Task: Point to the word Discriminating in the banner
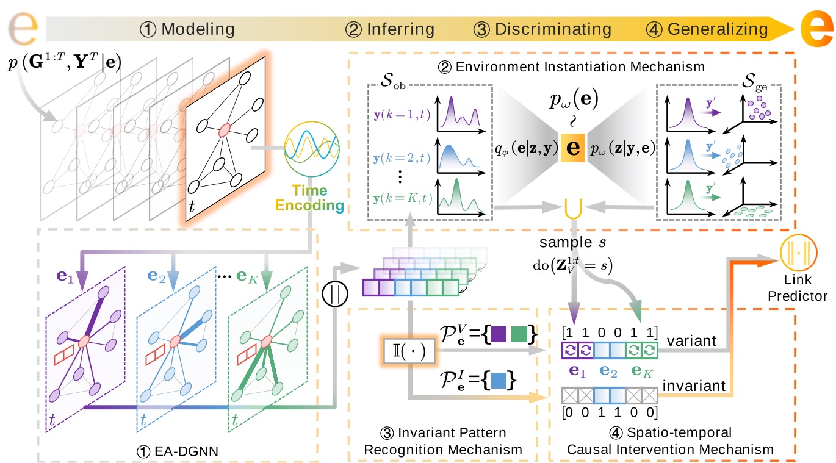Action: (553, 29)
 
